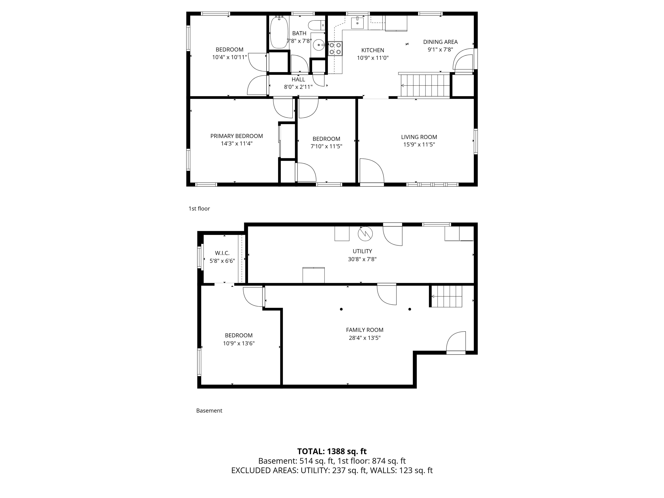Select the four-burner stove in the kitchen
(x=335, y=49)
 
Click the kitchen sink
(x=357, y=23)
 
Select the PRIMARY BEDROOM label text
(x=236, y=136)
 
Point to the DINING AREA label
(x=440, y=42)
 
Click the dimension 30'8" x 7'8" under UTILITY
(x=362, y=259)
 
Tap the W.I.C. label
(x=222, y=253)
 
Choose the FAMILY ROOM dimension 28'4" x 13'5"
(x=364, y=338)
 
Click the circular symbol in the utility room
(x=365, y=233)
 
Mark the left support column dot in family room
(x=341, y=309)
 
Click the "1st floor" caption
(x=199, y=209)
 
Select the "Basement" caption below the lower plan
(x=209, y=411)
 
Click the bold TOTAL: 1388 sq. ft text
(x=332, y=451)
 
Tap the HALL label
(x=298, y=80)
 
